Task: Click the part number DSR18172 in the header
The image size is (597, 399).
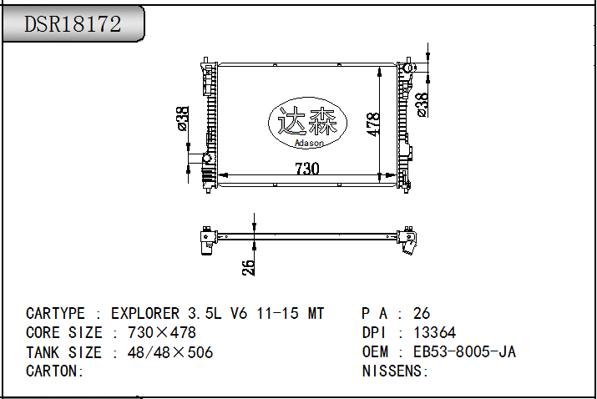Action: [73, 24]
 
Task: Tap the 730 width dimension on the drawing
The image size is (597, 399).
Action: [307, 169]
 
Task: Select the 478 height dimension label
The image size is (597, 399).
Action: [373, 124]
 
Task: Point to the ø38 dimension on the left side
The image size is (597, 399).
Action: [183, 119]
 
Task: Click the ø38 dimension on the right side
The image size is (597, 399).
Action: [422, 105]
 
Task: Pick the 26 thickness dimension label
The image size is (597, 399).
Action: [248, 267]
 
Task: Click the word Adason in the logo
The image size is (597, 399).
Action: [309, 143]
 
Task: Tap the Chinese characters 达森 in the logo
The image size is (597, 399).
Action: [307, 121]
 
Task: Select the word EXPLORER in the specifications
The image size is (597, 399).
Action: [145, 314]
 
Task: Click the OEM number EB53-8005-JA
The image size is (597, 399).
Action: [464, 351]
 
